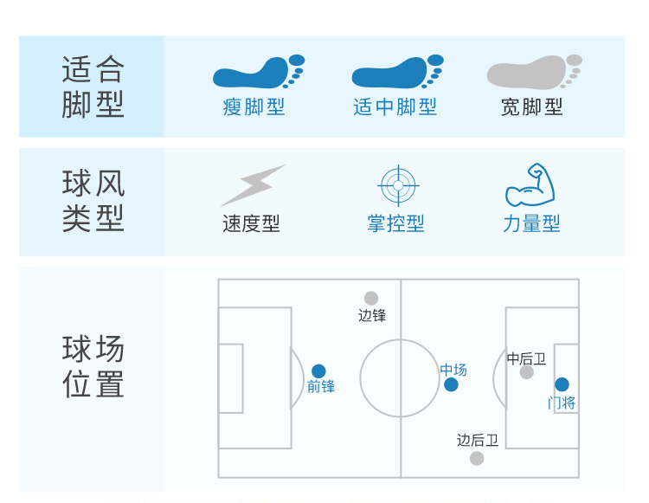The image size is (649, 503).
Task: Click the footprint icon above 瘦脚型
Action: pyautogui.click(x=257, y=73)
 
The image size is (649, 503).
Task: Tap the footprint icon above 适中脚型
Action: pyautogui.click(x=396, y=73)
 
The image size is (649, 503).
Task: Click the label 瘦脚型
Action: pyautogui.click(x=254, y=107)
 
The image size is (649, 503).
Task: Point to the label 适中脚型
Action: pyautogui.click(x=395, y=107)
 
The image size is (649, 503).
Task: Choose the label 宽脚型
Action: pyautogui.click(x=531, y=107)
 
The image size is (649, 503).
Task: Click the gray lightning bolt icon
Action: pyautogui.click(x=252, y=184)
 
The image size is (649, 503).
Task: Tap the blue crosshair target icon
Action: pyautogui.click(x=398, y=184)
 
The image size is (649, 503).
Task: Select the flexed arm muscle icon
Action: pyautogui.click(x=530, y=184)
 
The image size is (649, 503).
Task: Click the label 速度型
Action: pyautogui.click(x=251, y=224)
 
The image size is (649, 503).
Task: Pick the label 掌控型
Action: pyautogui.click(x=395, y=224)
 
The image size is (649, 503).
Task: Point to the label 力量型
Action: pyautogui.click(x=531, y=224)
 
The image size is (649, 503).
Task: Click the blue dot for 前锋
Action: pyautogui.click(x=318, y=371)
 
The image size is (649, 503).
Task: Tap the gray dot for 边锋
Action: pyautogui.click(x=371, y=299)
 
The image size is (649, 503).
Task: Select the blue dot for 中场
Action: pyautogui.click(x=451, y=384)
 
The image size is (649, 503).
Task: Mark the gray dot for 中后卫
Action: pyautogui.click(x=527, y=372)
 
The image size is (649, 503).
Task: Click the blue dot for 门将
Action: pyautogui.click(x=562, y=384)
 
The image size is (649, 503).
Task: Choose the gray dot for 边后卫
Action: pyautogui.click(x=477, y=458)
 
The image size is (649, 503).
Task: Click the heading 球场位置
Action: pyautogui.click(x=93, y=367)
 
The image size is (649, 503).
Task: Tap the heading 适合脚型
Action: pyautogui.click(x=93, y=87)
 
